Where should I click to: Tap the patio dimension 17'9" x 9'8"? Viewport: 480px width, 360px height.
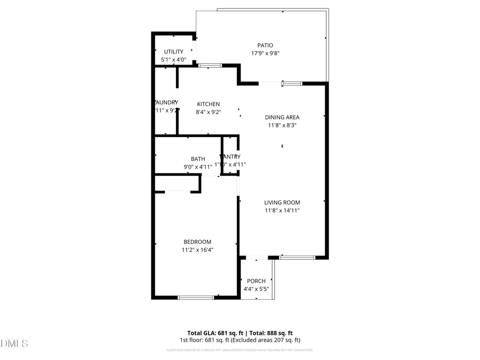266,53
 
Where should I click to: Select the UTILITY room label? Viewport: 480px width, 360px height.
173,52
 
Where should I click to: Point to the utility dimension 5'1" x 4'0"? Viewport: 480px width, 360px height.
173,60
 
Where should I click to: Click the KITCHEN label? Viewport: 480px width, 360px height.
208,104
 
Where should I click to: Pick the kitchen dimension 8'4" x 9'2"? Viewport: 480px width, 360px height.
208,112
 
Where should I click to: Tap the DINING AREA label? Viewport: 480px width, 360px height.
282,117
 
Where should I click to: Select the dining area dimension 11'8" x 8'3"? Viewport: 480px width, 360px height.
282,126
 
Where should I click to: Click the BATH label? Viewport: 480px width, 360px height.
198,159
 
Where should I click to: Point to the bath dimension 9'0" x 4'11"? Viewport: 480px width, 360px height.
198,167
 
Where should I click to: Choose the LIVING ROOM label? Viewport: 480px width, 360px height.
282,202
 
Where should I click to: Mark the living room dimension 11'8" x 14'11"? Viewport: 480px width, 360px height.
282,211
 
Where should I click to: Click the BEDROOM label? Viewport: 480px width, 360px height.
197,242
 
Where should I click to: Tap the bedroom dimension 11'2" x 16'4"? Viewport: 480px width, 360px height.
197,250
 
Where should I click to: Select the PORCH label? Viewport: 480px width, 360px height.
256,281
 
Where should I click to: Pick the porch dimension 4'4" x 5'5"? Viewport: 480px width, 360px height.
256,289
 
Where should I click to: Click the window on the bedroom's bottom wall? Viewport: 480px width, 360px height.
195,297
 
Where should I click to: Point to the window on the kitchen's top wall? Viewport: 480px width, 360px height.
210,66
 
